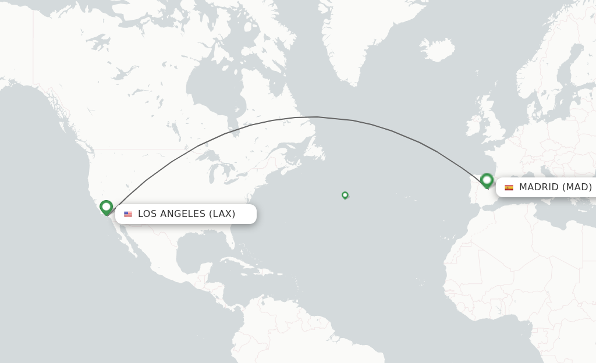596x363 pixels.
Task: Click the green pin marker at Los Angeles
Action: pyautogui.click(x=106, y=207)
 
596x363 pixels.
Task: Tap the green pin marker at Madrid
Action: pyautogui.click(x=487, y=180)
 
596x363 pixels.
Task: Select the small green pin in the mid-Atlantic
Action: pyautogui.click(x=345, y=195)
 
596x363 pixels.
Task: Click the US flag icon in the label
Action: pyautogui.click(x=128, y=214)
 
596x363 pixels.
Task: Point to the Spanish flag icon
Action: pyautogui.click(x=509, y=187)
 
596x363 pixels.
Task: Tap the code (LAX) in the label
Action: pyautogui.click(x=222, y=214)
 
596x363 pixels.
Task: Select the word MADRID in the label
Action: pyautogui.click(x=539, y=187)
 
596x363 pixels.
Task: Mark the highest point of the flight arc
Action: pyautogui.click(x=314, y=117)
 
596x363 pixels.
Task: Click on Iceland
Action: pyautogui.click(x=437, y=49)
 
